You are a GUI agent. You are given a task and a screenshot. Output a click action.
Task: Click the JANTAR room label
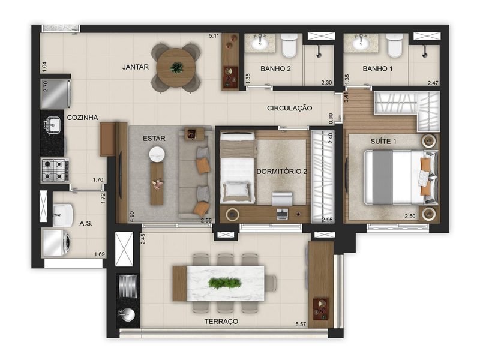coord(135,67)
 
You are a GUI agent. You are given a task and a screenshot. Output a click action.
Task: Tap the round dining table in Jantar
coord(176,67)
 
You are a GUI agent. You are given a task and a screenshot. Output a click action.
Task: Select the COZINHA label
coord(83,118)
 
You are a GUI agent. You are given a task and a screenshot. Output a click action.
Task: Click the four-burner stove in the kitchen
coord(54,170)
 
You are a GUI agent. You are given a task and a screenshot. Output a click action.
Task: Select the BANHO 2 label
coord(275,69)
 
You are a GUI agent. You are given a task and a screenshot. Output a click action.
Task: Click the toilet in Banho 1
coord(394,46)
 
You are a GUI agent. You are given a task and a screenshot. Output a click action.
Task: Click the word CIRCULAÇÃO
coord(290,108)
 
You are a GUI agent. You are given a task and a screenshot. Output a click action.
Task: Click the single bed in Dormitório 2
coord(236,169)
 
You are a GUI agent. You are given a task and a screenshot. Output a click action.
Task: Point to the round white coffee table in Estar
coord(157,154)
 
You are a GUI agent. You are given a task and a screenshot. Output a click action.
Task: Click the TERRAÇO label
coord(221,322)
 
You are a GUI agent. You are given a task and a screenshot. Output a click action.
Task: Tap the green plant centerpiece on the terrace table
coord(225,283)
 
